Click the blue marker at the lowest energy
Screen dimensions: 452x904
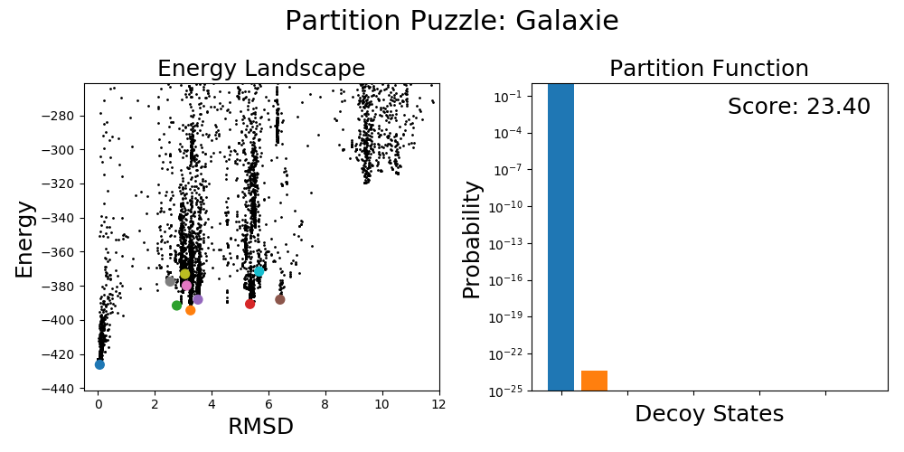click(x=99, y=364)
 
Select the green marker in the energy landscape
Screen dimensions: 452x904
click(x=177, y=306)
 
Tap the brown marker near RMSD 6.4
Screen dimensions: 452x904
click(x=280, y=299)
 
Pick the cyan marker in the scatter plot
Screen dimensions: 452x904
click(x=259, y=271)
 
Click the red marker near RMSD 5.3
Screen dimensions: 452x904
click(x=250, y=304)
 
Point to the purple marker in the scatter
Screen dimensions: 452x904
click(x=198, y=299)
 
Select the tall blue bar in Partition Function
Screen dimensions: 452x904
click(x=560, y=237)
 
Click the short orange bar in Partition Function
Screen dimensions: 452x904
click(x=594, y=381)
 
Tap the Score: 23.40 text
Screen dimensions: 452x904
click(x=798, y=107)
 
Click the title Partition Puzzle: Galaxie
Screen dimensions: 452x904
click(x=451, y=21)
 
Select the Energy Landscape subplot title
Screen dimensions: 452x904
click(x=261, y=69)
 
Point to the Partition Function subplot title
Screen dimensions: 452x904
click(x=709, y=69)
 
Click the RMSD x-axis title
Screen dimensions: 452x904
click(x=261, y=426)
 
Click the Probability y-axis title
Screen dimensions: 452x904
click(x=472, y=239)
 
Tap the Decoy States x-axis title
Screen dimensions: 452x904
click(x=709, y=414)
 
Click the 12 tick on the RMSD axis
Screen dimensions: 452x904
click(x=439, y=405)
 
